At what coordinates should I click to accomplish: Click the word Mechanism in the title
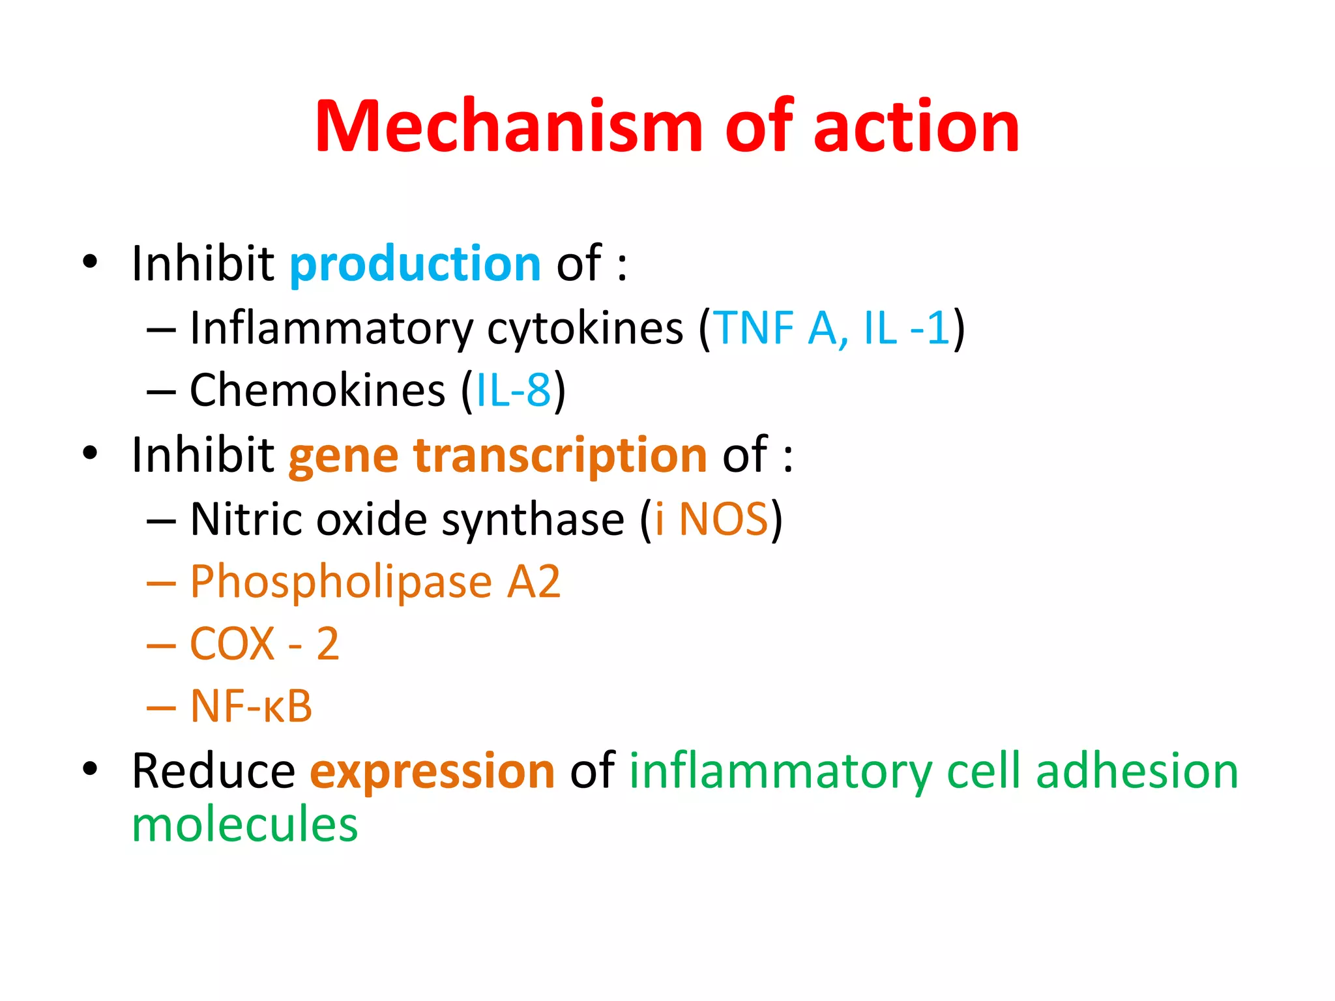pyautogui.click(x=508, y=126)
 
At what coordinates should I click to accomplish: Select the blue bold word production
pyautogui.click(x=415, y=264)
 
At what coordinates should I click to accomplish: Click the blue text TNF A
pyautogui.click(x=780, y=328)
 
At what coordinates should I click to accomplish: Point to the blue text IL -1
pyautogui.click(x=905, y=328)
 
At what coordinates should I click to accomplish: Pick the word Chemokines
pyautogui.click(x=317, y=391)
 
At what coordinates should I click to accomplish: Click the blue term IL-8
pyautogui.click(x=514, y=391)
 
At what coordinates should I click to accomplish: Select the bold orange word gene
pyautogui.click(x=344, y=456)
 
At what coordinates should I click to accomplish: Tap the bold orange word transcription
pyautogui.click(x=560, y=456)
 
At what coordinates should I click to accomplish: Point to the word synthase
pyautogui.click(x=533, y=519)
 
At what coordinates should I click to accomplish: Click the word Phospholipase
pyautogui.click(x=341, y=582)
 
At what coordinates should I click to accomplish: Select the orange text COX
pyautogui.click(x=232, y=644)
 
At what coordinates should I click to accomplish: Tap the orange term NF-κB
pyautogui.click(x=251, y=706)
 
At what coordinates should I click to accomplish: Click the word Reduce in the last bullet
pyautogui.click(x=213, y=772)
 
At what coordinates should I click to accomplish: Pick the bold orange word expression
pyautogui.click(x=432, y=772)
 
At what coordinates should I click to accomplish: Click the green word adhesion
pyautogui.click(x=1137, y=772)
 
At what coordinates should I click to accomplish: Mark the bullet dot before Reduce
pyautogui.click(x=90, y=769)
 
